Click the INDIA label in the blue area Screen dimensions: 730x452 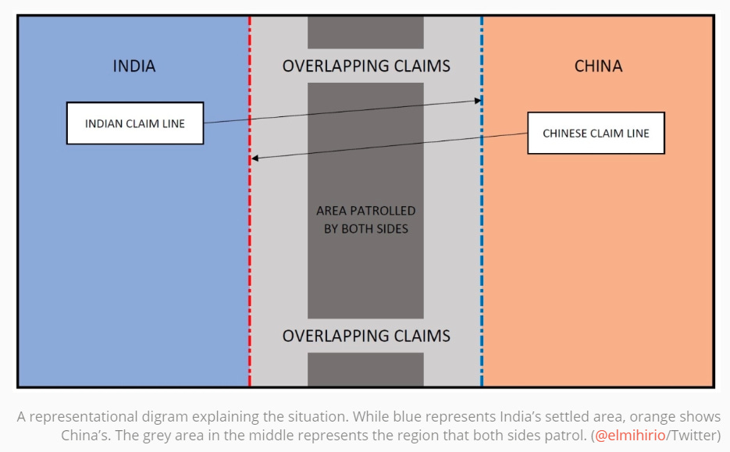134,66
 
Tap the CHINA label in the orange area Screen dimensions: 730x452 598,66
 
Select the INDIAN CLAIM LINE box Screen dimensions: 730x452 135,123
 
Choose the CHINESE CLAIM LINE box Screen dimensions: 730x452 596,133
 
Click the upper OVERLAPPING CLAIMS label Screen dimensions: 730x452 366,66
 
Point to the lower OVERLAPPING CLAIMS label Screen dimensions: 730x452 366,336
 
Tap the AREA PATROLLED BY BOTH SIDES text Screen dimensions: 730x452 366,219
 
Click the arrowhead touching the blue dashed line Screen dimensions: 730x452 478,101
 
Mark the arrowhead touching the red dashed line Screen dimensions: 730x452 255,158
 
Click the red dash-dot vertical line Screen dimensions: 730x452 250,201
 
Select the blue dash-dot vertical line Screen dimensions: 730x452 482,201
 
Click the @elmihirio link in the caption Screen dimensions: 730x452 630,436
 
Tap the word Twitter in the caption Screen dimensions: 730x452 693,436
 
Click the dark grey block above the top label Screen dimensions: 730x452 365,33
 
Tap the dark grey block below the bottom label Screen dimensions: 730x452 365,369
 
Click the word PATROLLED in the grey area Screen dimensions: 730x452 383,211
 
